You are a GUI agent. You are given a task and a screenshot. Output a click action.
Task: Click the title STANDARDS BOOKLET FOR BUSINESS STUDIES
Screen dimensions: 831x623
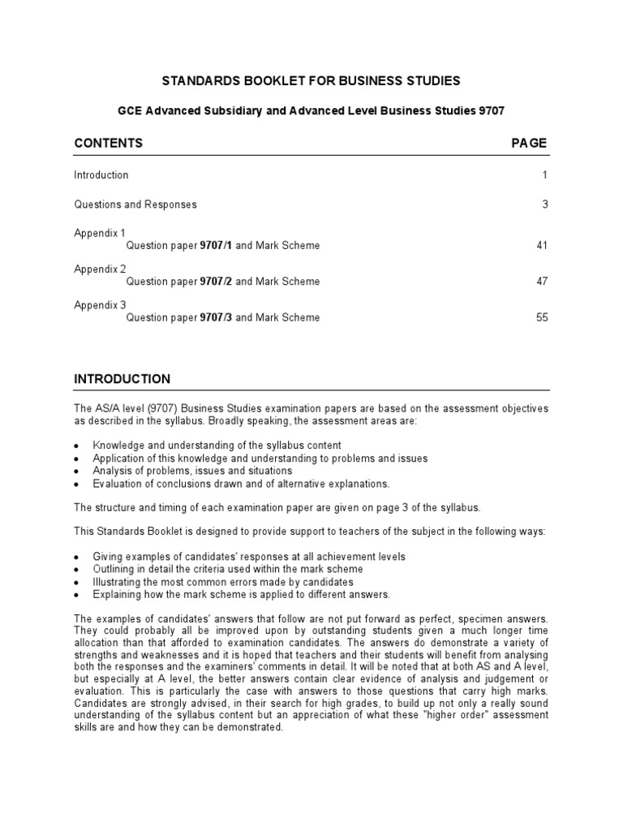[x=311, y=80]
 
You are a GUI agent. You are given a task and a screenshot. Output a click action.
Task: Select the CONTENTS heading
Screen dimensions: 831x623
[x=108, y=143]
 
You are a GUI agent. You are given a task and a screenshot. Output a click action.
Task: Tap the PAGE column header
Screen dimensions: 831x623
[x=529, y=143]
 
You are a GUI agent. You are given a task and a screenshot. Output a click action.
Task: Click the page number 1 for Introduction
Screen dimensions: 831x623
[x=545, y=175]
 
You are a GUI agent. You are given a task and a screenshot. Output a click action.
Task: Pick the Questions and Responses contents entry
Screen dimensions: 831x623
[x=135, y=205]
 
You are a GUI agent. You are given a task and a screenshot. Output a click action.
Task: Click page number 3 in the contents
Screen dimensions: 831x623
[x=545, y=205]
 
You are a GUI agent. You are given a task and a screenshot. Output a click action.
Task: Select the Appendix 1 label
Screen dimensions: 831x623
[x=101, y=233]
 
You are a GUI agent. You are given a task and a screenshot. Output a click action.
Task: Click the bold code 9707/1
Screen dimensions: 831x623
[x=216, y=246]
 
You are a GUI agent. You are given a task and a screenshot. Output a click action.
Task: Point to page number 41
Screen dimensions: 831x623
[x=542, y=246]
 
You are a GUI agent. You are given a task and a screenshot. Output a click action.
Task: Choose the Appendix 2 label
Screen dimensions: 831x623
[x=101, y=269]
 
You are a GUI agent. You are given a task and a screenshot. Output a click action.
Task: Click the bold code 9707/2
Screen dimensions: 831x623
[x=216, y=282]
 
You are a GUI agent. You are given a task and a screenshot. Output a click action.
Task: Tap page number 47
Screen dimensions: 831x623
[x=542, y=282]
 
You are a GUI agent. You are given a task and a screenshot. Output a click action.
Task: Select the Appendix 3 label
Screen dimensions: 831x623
[x=101, y=305]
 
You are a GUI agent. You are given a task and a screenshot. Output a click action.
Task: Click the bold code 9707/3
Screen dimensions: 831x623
[x=216, y=318]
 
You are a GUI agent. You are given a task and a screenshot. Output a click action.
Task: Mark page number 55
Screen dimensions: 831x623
[x=542, y=318]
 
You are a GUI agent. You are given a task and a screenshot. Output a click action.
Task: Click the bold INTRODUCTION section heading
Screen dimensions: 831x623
[x=122, y=379]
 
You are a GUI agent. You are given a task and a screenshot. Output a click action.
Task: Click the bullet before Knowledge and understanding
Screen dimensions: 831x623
[x=76, y=446]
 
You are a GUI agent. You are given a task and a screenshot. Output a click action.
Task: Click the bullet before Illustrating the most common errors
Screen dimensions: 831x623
[x=76, y=583]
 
